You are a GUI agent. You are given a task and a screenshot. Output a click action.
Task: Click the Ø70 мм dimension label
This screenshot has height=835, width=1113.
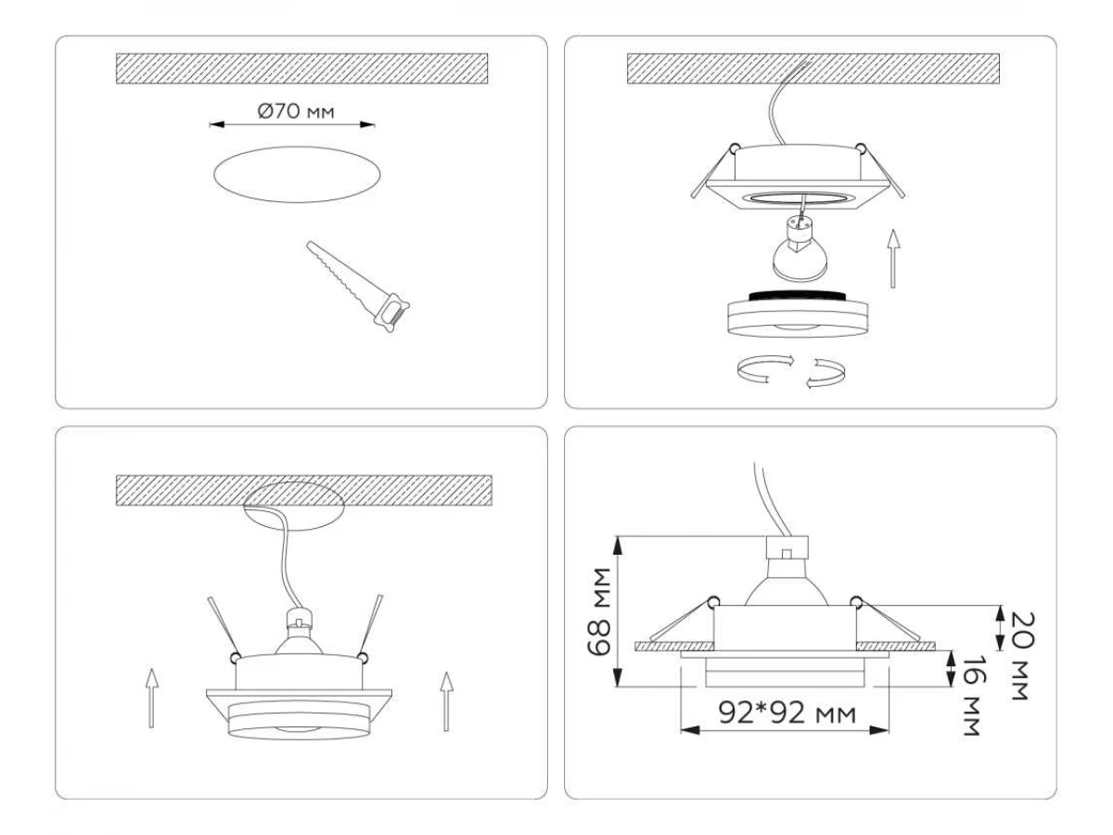pyautogui.click(x=296, y=110)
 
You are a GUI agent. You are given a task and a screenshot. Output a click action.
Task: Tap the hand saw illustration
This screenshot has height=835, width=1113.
pyautogui.click(x=357, y=287)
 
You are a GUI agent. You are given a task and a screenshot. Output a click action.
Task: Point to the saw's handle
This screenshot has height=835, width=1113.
pyautogui.click(x=391, y=313)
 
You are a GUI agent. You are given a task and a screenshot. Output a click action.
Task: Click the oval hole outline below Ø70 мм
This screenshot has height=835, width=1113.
pyautogui.click(x=297, y=174)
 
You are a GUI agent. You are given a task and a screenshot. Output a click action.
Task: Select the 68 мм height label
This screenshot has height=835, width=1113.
pyautogui.click(x=599, y=612)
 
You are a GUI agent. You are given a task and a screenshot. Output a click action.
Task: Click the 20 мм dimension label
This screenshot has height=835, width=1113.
pyautogui.click(x=1021, y=656)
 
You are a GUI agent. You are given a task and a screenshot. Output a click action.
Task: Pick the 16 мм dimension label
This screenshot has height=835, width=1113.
pyautogui.click(x=973, y=695)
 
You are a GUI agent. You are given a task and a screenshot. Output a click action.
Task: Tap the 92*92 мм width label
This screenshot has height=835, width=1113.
pyautogui.click(x=787, y=713)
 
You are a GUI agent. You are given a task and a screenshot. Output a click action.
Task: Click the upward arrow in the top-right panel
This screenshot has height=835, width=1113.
pyautogui.click(x=893, y=259)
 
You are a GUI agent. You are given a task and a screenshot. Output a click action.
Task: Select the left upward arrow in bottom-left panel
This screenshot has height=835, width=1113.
pyautogui.click(x=151, y=698)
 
